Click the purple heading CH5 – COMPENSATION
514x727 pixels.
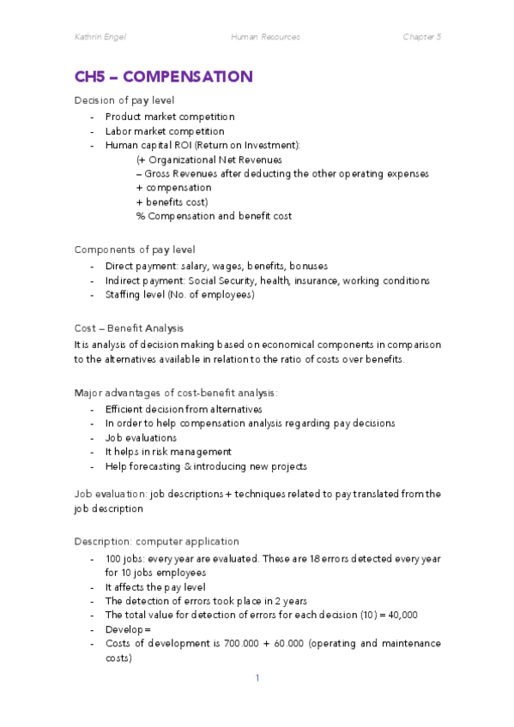point(163,77)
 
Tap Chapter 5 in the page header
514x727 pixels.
point(421,37)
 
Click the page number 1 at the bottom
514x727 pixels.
point(257,678)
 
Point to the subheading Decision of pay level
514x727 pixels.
point(124,100)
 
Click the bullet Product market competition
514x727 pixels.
point(170,117)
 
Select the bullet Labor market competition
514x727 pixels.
point(165,131)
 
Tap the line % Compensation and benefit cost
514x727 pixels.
point(213,216)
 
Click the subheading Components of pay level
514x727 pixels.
point(135,249)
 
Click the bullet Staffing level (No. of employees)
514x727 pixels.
point(179,295)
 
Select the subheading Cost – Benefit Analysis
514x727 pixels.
point(129,328)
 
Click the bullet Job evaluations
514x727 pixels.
point(141,437)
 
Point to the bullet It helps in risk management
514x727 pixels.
point(168,452)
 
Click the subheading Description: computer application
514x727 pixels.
point(156,541)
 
